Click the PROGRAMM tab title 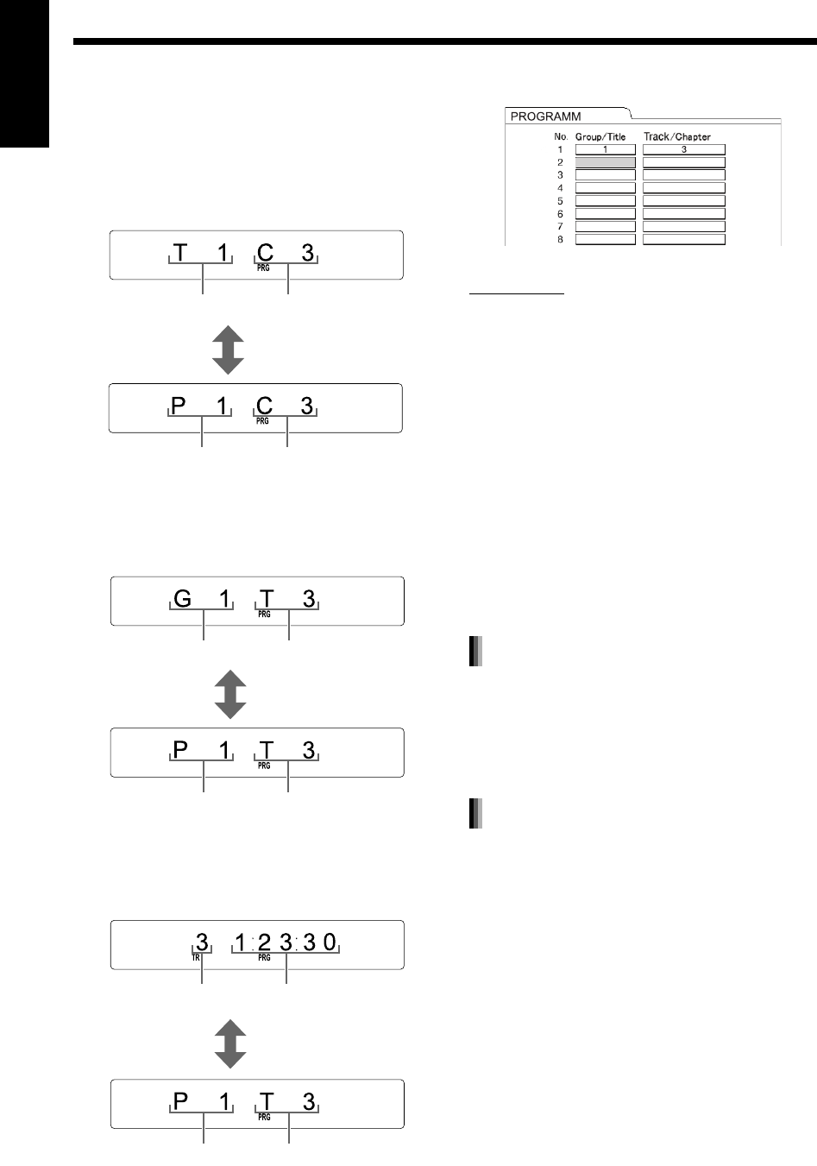click(546, 116)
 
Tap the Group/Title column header click(600, 136)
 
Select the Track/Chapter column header click(677, 136)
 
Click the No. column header click(561, 136)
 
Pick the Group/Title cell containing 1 click(606, 149)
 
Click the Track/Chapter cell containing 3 click(684, 149)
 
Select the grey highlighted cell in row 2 click(606, 162)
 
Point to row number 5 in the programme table click(560, 200)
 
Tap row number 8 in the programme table click(560, 239)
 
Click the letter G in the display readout click(182, 598)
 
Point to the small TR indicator click(196, 958)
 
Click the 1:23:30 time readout click(286, 942)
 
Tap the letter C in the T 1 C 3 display click(266, 253)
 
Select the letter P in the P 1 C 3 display click(179, 406)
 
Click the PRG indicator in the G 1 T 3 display click(264, 615)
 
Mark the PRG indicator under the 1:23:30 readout click(264, 958)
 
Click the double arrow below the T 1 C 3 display click(228, 350)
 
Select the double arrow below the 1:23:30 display click(229, 1044)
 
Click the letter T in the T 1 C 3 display click(179, 253)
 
